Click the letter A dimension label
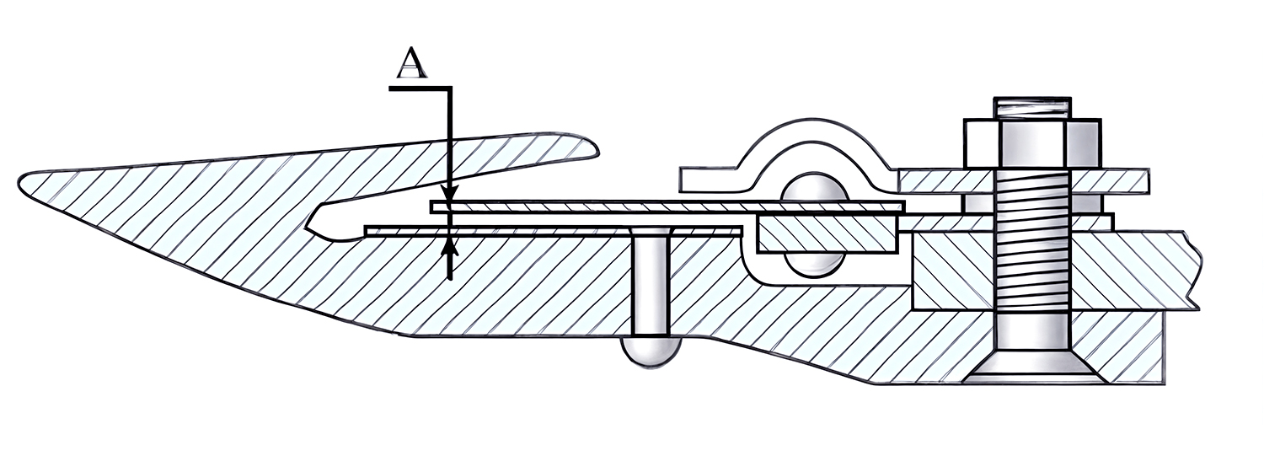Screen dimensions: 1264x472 coord(411,62)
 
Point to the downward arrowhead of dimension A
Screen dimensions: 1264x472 coord(450,194)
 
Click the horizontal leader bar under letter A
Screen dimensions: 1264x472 coord(420,88)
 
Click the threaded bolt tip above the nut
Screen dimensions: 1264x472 coord(1032,108)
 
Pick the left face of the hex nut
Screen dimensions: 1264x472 coord(981,143)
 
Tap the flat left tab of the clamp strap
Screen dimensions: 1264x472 coord(711,180)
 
